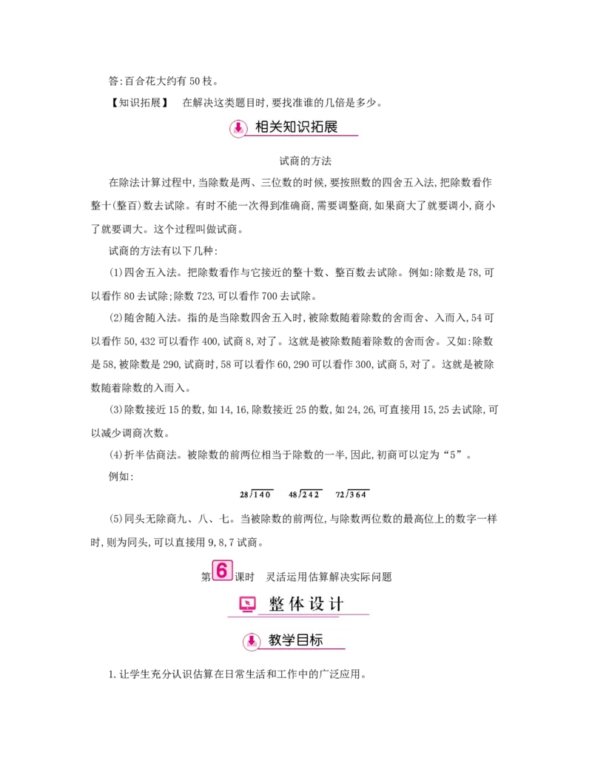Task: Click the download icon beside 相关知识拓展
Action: [238, 127]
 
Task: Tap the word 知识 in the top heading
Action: [296, 127]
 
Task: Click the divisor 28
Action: [243, 495]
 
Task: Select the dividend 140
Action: [263, 495]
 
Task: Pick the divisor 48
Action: [293, 495]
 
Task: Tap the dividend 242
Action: [311, 495]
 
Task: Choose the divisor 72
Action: [340, 495]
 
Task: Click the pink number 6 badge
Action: [221, 571]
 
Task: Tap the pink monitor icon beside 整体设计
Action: [247, 604]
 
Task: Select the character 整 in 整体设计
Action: [277, 604]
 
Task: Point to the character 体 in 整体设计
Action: [297, 604]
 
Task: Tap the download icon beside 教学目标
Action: [252, 641]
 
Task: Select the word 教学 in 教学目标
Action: [281, 640]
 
